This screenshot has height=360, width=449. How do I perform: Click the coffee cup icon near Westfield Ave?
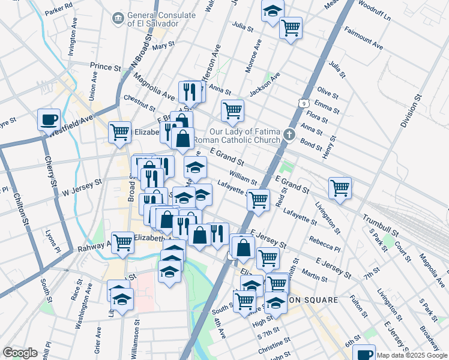49,119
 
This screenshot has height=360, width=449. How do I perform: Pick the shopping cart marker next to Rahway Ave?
122,242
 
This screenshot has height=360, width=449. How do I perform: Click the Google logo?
20,353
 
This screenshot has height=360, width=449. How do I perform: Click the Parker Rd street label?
58,9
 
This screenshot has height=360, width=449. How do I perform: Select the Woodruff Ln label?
373,10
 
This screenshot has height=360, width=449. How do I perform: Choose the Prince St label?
105,66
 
